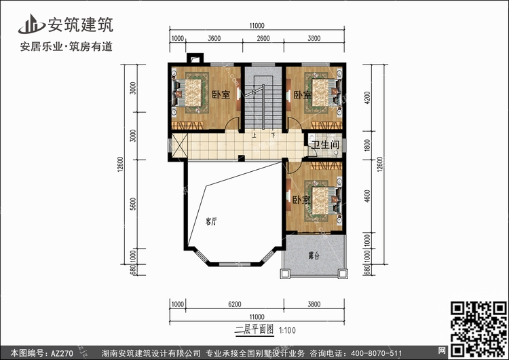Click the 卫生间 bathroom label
pos(325,145)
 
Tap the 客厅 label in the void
pos(211,222)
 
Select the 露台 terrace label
pos(314,255)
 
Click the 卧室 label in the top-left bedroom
pos(221,94)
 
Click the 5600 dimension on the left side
pos(133,204)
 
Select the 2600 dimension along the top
pos(263,38)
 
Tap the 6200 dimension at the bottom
pos(235,304)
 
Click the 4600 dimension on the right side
pos(367,196)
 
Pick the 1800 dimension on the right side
pos(367,145)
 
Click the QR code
pos(478,329)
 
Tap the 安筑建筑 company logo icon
pos(31,24)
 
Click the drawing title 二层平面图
pos(254,330)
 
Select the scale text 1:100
pos(287,331)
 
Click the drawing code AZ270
pos(62,353)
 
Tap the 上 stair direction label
pos(254,135)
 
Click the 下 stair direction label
pos(274,135)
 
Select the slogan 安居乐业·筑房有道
pos(67,47)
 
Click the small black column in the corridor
pos(241,158)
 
